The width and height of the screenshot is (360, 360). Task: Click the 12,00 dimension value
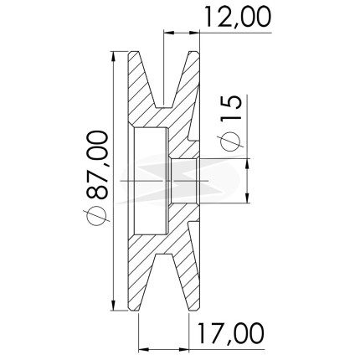point(238,17)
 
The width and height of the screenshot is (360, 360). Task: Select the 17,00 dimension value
point(230,333)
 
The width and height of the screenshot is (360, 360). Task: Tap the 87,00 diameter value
point(97,165)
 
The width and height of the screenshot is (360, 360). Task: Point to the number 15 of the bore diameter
point(230,108)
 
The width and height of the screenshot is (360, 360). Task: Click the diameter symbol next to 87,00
point(97,215)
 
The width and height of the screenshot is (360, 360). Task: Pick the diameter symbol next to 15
point(230,141)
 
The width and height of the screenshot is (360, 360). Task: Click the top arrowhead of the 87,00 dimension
point(113,57)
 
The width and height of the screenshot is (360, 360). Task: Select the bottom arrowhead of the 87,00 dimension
point(113,305)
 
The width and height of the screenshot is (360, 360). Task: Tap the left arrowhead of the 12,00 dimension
point(169,33)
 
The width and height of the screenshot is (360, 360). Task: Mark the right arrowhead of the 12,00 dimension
point(194,33)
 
